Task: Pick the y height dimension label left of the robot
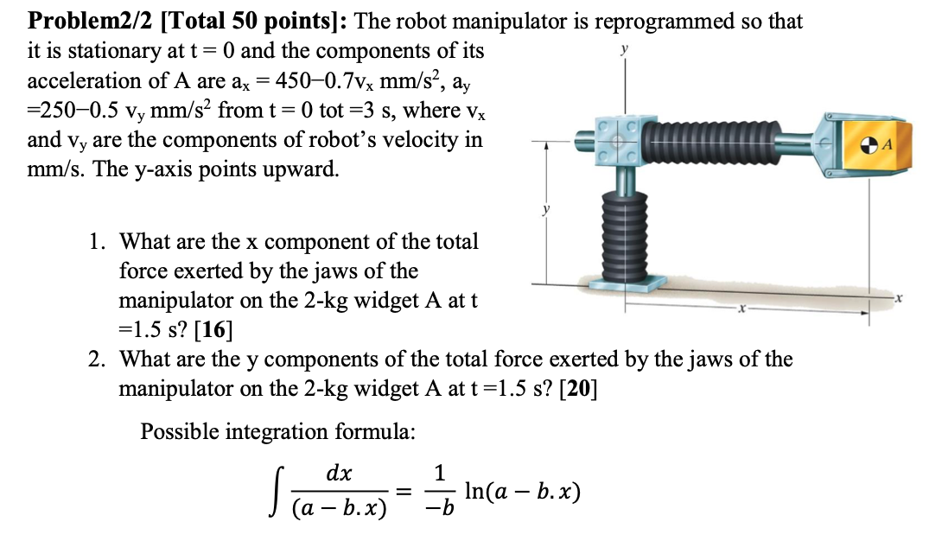(544, 210)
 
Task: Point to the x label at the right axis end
(899, 298)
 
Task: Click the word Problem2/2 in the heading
(76, 21)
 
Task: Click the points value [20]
(578, 388)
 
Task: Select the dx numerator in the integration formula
(339, 474)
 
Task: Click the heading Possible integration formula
(277, 431)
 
